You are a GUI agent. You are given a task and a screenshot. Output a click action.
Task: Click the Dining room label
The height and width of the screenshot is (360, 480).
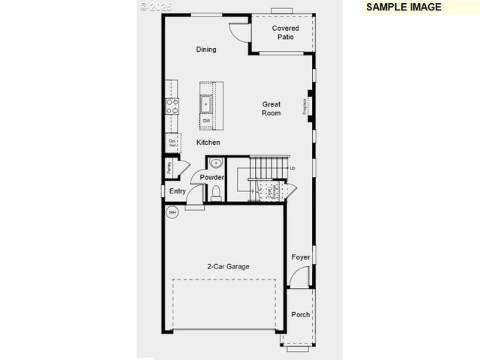206,49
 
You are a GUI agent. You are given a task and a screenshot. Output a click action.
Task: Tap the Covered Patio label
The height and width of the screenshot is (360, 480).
285,32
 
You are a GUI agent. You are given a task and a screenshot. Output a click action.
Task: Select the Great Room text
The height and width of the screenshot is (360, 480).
271,109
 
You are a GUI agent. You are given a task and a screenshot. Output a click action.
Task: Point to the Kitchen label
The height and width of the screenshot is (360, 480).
208,142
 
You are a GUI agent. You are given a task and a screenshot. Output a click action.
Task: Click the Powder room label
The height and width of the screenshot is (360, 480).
212,178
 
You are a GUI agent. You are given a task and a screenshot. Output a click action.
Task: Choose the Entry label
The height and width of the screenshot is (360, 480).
178,191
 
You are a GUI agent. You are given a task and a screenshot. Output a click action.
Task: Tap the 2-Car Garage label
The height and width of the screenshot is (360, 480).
229,266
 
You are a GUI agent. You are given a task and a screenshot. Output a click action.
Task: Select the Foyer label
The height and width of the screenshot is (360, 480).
301,258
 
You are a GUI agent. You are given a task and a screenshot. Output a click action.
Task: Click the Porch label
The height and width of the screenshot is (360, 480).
301,315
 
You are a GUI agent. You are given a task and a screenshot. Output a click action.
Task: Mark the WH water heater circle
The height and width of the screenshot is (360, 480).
172,212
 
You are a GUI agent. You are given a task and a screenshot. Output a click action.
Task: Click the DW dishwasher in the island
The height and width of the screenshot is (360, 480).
206,121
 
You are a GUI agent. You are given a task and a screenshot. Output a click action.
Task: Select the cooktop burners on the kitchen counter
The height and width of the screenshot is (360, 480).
172,106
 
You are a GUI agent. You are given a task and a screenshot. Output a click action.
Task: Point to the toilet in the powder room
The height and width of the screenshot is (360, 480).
216,193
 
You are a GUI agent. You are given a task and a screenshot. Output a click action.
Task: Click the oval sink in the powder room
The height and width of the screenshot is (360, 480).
216,163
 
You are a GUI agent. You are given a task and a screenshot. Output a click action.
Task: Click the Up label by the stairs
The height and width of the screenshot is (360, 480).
292,169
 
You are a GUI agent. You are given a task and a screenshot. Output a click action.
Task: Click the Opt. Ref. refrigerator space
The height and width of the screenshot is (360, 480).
172,142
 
